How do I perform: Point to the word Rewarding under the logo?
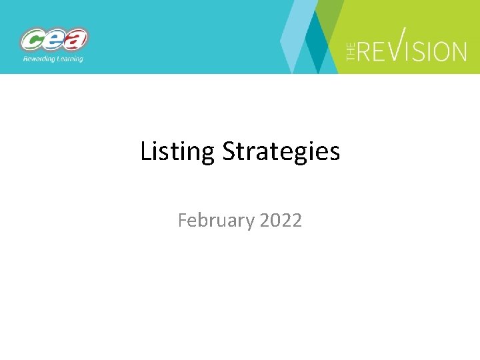[37, 59]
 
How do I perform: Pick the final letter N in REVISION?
[458, 51]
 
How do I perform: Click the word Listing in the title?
[177, 152]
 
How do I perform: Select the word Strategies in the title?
[281, 152]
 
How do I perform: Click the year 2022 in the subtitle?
[281, 219]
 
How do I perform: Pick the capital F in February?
[183, 219]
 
